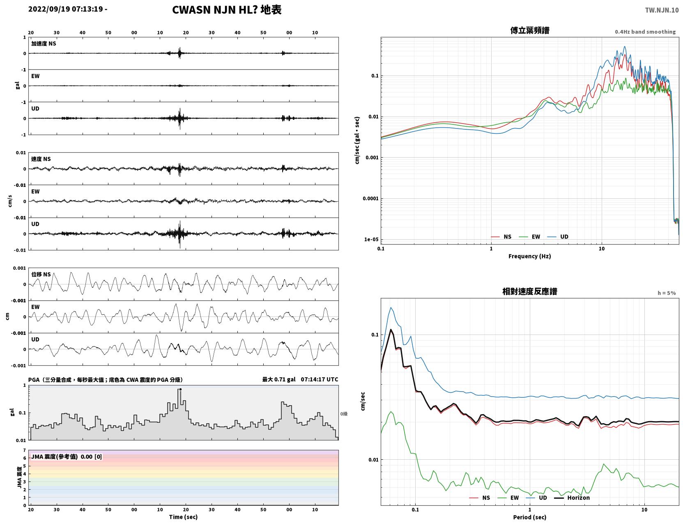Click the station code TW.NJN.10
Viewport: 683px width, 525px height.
click(661, 10)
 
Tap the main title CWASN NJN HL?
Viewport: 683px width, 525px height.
click(215, 10)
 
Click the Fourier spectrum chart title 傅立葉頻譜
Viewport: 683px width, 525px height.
click(529, 30)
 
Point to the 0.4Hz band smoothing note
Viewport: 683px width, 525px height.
click(645, 32)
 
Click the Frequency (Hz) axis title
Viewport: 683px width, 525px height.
click(529, 256)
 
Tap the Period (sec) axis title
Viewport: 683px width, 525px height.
click(529, 517)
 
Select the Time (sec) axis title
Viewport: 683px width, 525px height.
click(183, 517)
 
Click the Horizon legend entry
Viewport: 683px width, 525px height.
click(572, 497)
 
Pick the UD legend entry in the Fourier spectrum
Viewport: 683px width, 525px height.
click(558, 237)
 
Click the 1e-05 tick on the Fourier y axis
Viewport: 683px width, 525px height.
click(371, 240)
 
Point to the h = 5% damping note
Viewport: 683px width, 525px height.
click(666, 293)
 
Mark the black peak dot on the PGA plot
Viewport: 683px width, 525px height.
click(180, 390)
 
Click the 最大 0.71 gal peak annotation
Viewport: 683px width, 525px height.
click(279, 379)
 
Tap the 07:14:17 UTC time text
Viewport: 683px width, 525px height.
click(320, 379)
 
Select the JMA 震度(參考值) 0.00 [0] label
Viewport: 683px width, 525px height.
click(66, 456)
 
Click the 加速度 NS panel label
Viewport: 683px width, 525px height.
click(44, 44)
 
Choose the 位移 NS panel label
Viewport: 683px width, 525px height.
click(41, 275)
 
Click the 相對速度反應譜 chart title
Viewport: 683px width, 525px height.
click(529, 291)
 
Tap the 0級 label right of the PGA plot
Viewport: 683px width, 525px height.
click(344, 414)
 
